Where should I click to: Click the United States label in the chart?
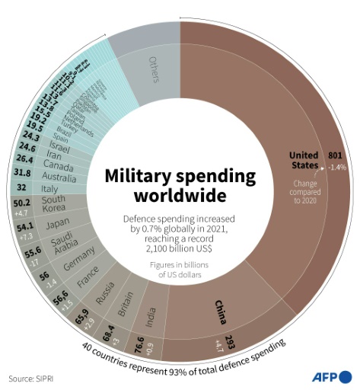304,159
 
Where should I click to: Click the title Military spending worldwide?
180,185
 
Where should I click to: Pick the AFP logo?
331,376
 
